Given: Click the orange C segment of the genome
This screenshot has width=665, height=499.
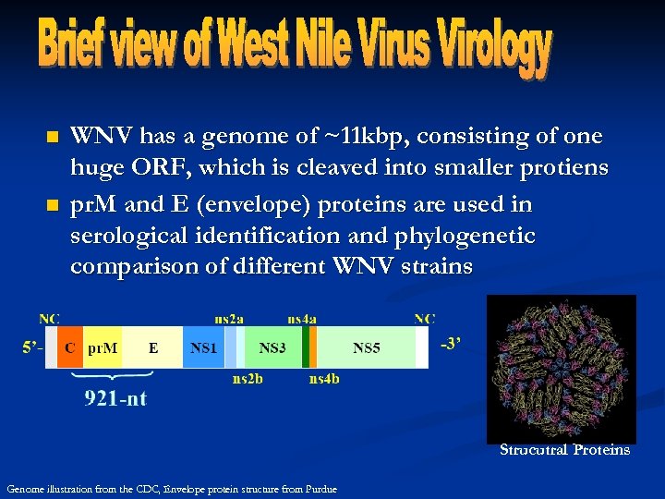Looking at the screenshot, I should [70, 348].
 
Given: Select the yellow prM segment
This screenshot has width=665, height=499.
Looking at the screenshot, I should [102, 348].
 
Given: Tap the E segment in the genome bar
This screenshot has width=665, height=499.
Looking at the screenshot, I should [153, 348].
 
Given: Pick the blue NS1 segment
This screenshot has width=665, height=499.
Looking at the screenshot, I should [202, 348].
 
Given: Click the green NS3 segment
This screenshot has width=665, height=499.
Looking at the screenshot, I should [272, 348].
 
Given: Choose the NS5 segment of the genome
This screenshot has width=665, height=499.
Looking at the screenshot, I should [367, 348].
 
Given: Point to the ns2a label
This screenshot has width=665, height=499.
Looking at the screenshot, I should [229, 319].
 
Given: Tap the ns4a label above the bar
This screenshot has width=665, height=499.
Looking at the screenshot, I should [302, 319].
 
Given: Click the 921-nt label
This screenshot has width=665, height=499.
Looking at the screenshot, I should [115, 399].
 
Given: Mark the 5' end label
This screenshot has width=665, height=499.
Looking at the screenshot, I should [32, 348].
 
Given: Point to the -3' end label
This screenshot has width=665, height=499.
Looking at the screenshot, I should [452, 344].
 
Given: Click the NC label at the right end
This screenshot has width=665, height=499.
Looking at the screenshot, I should [425, 319].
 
